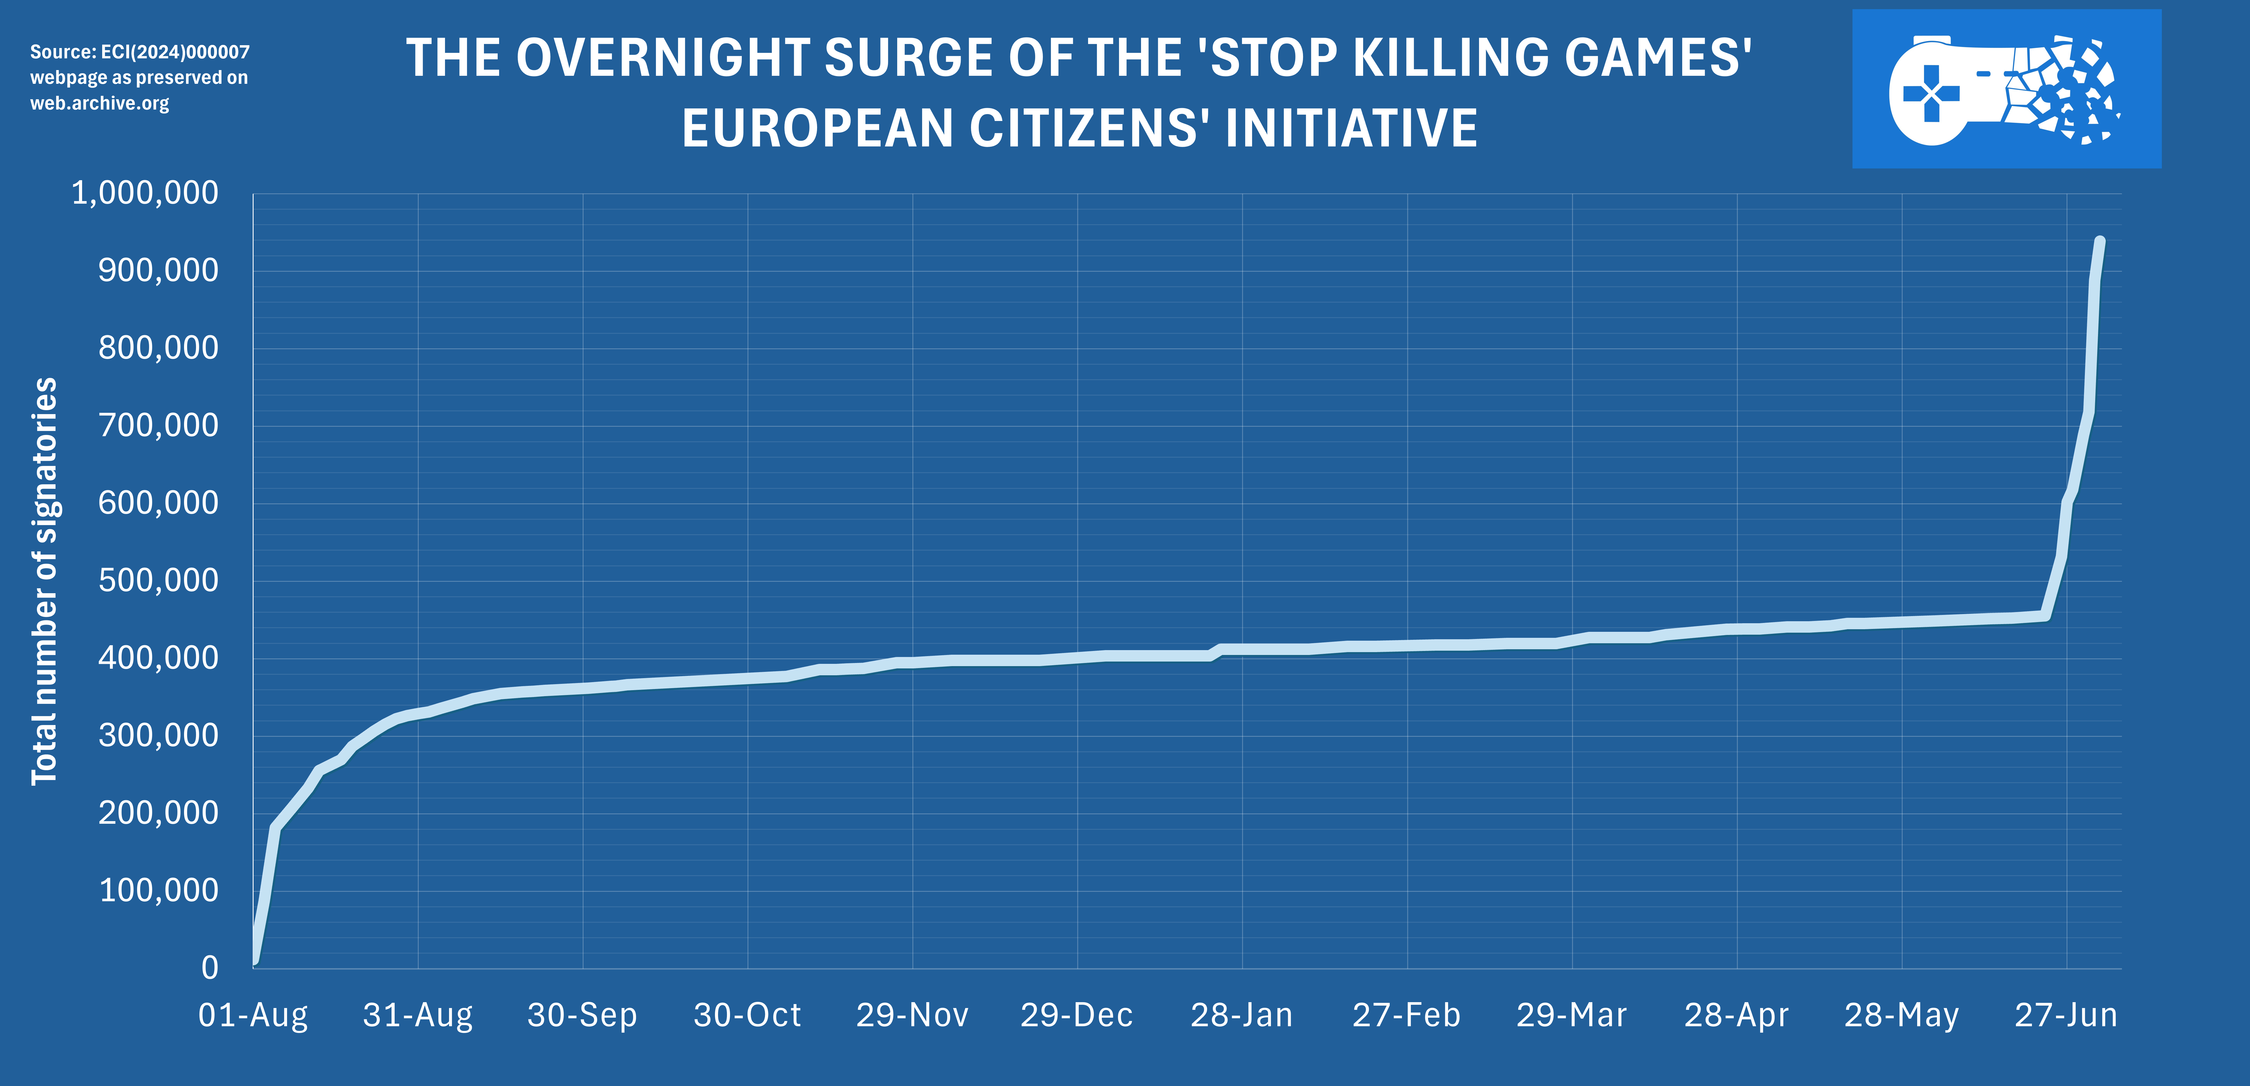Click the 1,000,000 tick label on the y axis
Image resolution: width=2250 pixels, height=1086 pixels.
coord(145,193)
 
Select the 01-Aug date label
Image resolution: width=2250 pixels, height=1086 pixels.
coord(253,1015)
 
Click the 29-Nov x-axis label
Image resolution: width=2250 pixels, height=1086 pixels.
coord(912,1015)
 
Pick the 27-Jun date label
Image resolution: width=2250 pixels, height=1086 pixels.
coord(2066,1015)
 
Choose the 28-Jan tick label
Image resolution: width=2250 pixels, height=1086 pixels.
coord(1241,1015)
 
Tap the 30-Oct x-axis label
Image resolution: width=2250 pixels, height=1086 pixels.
coord(747,1015)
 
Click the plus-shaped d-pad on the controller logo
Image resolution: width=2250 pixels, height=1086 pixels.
coord(1931,94)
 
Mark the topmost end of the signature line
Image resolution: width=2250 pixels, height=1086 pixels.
coord(2100,241)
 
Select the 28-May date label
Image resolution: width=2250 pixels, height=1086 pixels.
coord(1901,1015)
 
